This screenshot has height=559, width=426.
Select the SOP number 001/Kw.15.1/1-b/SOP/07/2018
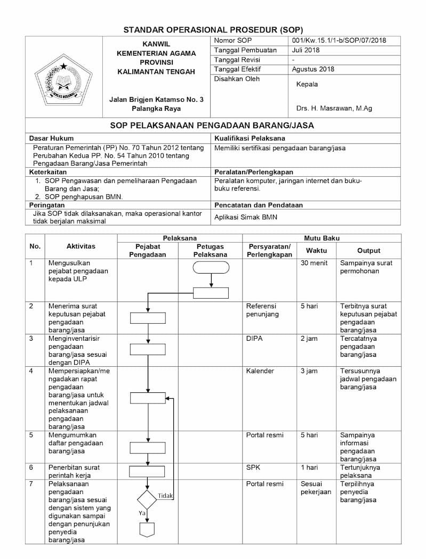[339, 40]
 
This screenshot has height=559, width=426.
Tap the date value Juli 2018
[306, 50]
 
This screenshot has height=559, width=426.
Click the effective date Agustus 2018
[313, 69]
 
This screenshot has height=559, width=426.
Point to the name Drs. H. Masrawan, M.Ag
[334, 109]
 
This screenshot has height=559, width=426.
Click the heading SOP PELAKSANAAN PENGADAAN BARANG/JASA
[212, 126]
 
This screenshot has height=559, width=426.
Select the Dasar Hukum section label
[51, 138]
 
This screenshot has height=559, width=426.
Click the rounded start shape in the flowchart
[211, 268]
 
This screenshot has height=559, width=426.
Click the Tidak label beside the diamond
[165, 496]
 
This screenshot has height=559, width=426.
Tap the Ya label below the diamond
[142, 513]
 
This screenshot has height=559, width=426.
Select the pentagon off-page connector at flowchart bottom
[147, 530]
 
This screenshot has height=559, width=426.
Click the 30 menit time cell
[314, 263]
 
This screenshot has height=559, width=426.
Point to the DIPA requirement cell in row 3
[254, 339]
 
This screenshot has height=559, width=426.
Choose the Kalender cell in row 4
[260, 371]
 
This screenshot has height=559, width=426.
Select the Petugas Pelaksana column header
[210, 251]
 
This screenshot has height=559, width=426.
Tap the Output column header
[368, 251]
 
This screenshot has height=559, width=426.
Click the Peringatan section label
[47, 205]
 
